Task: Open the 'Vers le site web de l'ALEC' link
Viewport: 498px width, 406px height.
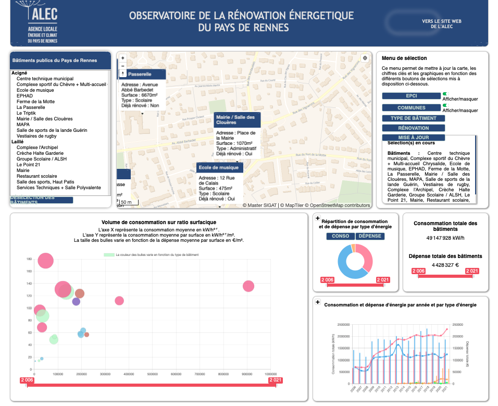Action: coord(442,23)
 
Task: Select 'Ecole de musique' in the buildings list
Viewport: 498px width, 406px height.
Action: coord(35,90)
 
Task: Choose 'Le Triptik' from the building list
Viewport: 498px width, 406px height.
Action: coord(26,113)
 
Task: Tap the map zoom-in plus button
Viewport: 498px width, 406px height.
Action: coord(123,58)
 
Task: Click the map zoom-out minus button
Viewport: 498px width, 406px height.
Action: coord(123,66)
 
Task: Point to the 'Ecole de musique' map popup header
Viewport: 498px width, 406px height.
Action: coord(219,167)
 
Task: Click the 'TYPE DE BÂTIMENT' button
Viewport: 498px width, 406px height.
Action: coord(413,118)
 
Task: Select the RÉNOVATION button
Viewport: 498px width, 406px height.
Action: coord(413,128)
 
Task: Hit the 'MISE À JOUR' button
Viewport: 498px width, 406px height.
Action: coord(413,138)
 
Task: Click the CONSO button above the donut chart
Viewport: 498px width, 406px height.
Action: coord(340,236)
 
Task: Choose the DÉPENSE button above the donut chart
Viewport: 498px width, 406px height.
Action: coord(370,236)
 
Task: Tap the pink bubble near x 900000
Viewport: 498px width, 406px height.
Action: coord(248,286)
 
